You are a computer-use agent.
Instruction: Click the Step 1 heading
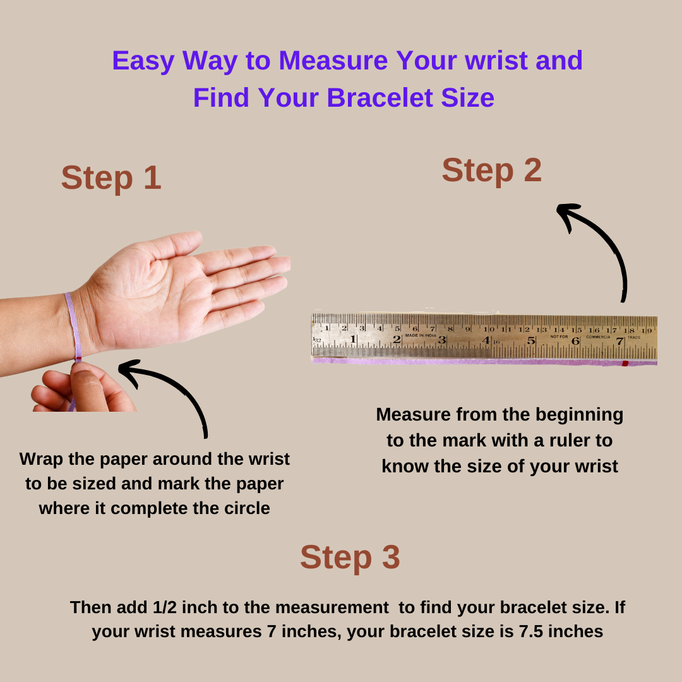[111, 177]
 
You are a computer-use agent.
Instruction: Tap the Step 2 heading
[492, 170]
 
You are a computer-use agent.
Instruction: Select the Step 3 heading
[350, 557]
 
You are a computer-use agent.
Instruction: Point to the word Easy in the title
[143, 61]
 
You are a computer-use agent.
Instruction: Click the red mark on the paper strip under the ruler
[625, 363]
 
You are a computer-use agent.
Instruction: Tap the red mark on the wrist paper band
[78, 359]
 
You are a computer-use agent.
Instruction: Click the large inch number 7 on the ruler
[619, 342]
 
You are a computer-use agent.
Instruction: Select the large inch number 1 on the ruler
[353, 339]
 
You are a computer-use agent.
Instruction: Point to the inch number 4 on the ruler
[486, 340]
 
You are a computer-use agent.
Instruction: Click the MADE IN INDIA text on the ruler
[421, 335]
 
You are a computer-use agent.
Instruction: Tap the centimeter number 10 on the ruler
[489, 329]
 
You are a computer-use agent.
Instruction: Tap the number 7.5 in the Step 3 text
[531, 631]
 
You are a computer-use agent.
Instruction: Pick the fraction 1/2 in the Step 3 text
[165, 607]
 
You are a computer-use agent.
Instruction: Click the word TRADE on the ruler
[634, 337]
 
